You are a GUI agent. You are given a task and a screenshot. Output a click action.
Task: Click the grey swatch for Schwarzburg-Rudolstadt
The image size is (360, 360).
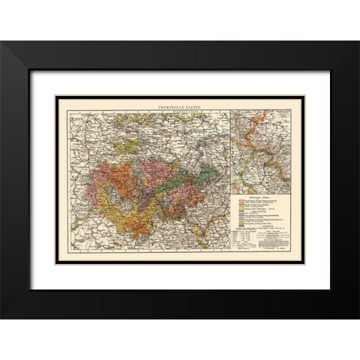pos(241,216)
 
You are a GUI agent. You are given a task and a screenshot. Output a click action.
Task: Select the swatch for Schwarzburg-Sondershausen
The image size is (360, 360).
pos(241,220)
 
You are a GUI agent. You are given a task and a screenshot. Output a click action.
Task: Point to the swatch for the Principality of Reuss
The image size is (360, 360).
pos(241,225)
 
